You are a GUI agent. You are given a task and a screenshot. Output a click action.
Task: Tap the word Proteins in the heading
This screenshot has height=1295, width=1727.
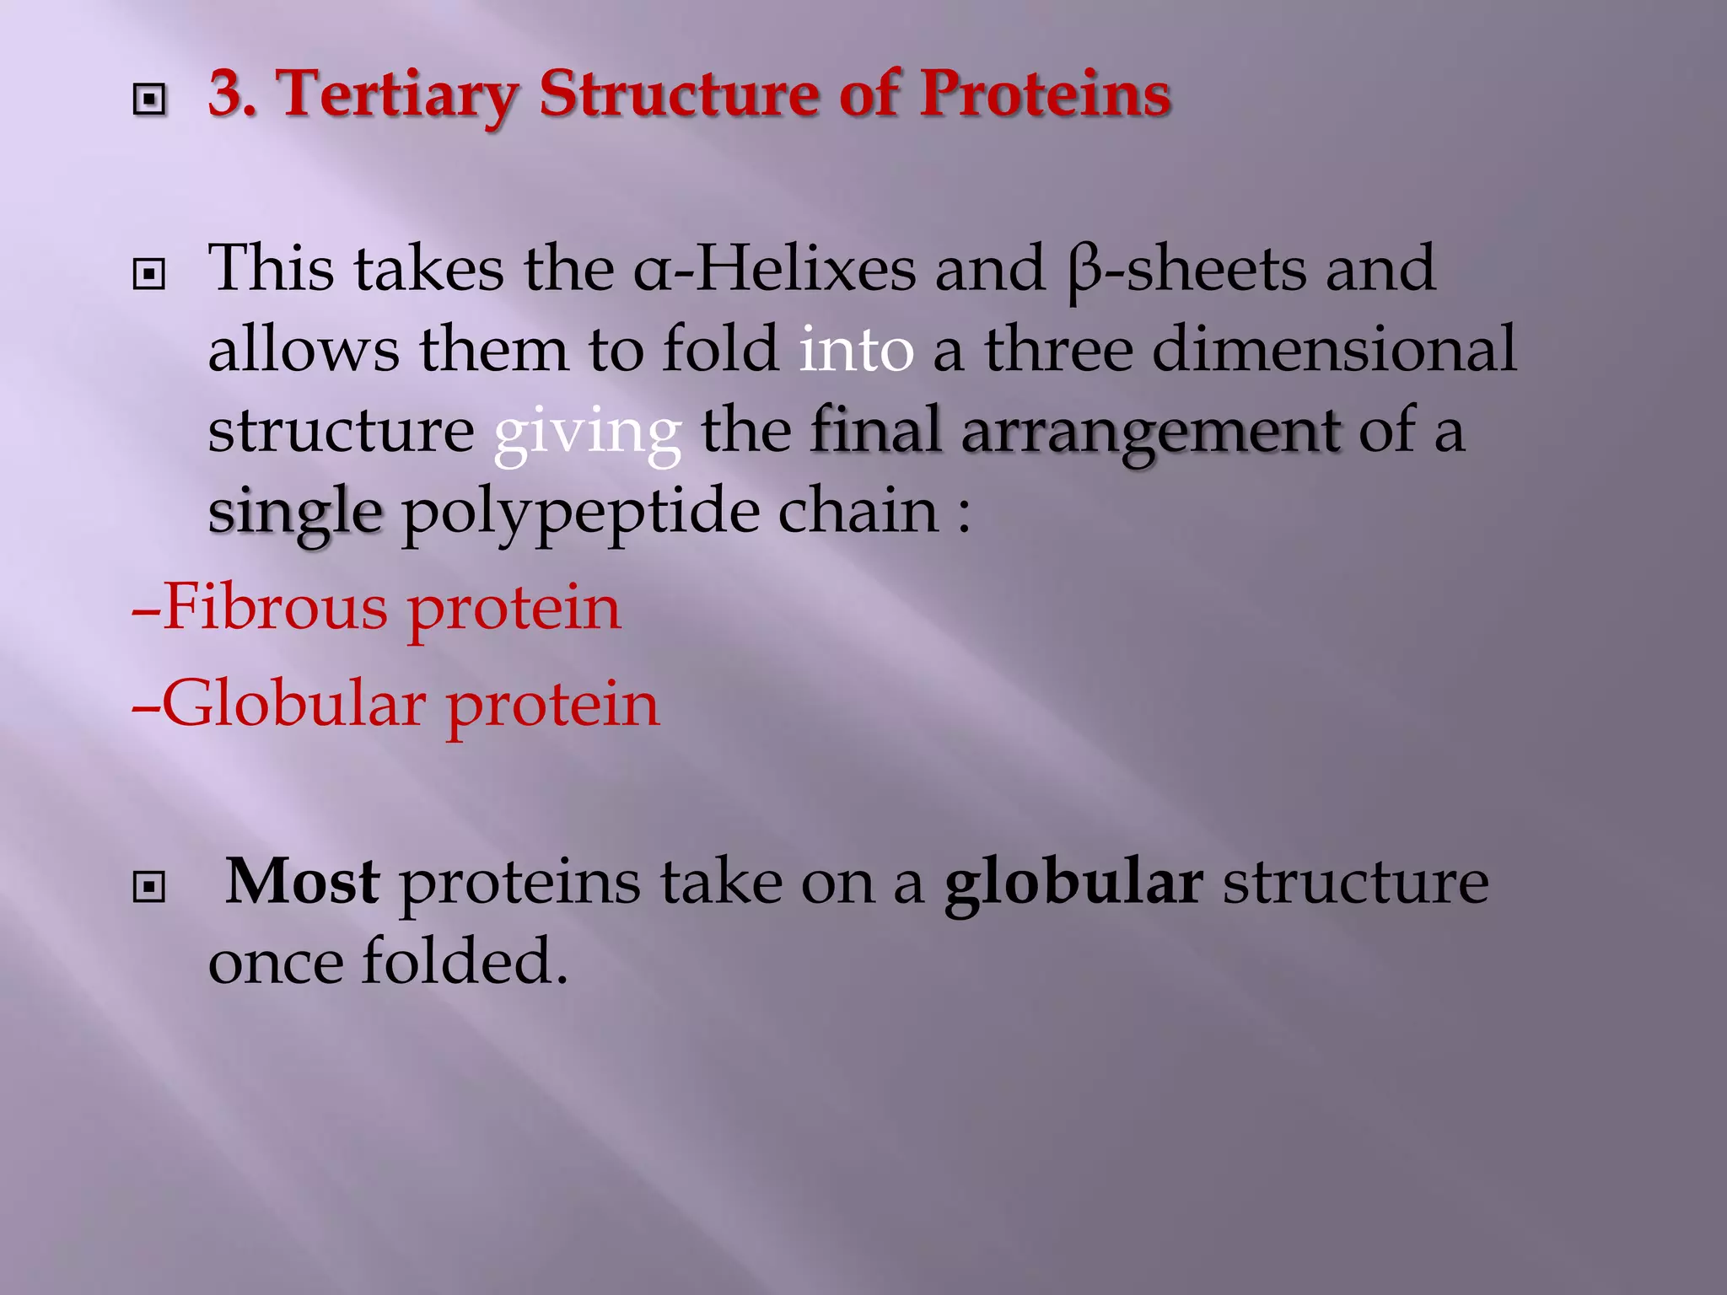click(x=1045, y=94)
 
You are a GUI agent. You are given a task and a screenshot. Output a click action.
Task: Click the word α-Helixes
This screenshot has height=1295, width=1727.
click(x=774, y=269)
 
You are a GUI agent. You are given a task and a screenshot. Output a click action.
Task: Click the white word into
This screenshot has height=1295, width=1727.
click(x=855, y=350)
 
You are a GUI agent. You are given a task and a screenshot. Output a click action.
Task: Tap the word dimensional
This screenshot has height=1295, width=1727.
click(x=1334, y=350)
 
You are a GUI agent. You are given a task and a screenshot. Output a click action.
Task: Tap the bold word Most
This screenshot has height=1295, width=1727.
click(x=303, y=882)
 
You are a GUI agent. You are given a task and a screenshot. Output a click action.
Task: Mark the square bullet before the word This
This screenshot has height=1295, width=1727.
click(x=149, y=275)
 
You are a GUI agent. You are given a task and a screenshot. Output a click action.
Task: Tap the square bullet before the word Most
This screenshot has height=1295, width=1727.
click(x=149, y=887)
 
